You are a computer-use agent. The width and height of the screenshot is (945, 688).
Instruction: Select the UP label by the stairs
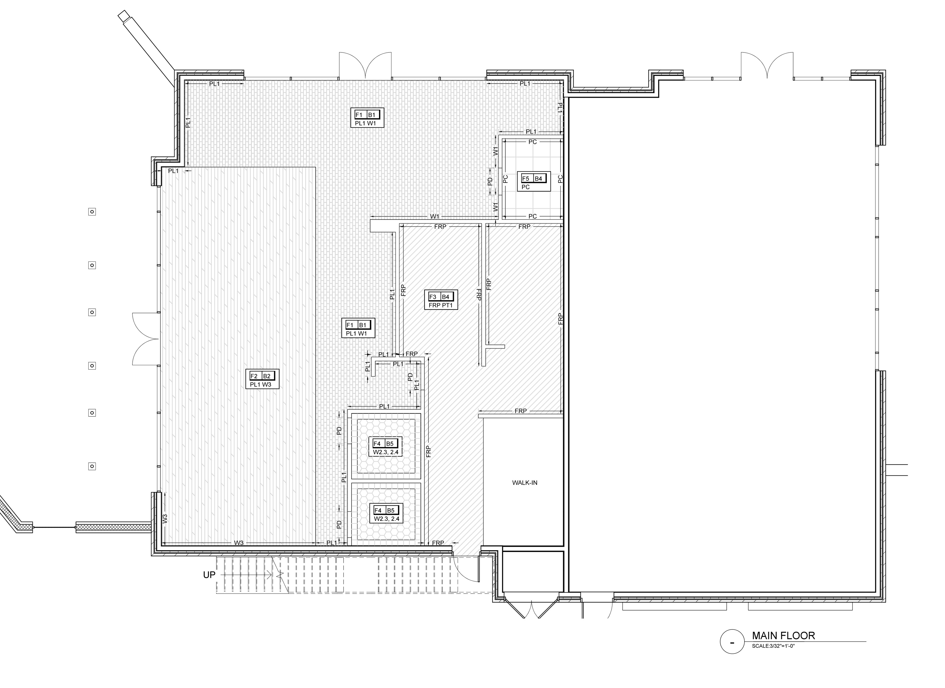pos(209,575)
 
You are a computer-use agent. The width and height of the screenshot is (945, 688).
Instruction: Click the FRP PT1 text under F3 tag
pos(443,306)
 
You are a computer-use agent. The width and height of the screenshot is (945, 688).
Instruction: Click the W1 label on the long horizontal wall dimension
pos(435,216)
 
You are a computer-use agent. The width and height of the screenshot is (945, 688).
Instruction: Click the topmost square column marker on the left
pos(92,212)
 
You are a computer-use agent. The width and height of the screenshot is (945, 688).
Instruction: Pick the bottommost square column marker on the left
pos(92,466)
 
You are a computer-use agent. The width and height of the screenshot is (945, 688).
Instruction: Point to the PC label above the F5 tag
pos(533,142)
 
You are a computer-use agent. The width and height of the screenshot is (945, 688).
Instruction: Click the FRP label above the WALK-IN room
pos(520,411)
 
